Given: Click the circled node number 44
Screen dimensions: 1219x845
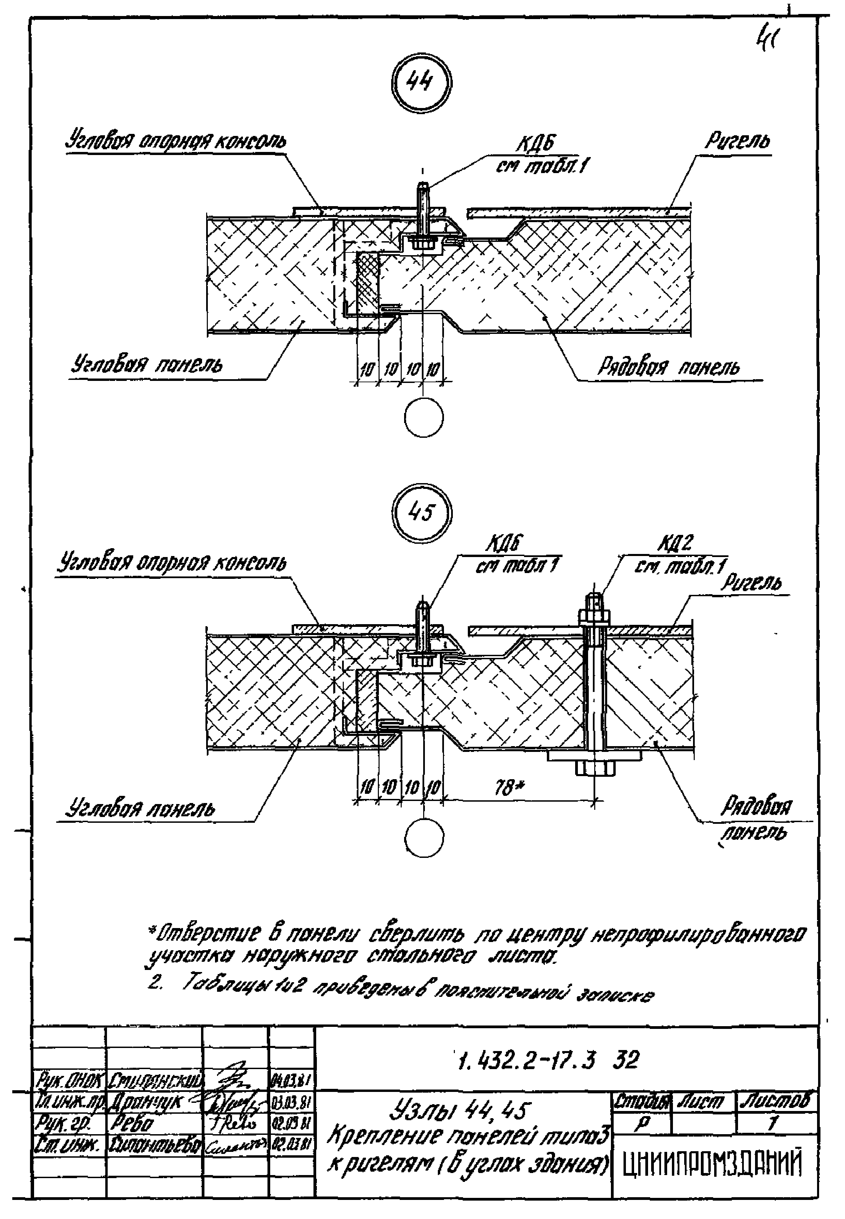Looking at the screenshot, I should [x=421, y=83].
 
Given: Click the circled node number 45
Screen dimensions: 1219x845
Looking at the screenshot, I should [x=421, y=512].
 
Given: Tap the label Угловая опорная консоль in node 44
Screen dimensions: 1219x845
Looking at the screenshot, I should [x=176, y=141].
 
